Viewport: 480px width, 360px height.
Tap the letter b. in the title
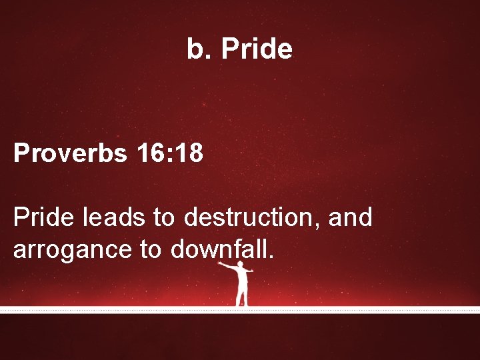(198, 49)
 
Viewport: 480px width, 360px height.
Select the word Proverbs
(70, 154)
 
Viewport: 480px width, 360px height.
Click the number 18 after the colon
(187, 153)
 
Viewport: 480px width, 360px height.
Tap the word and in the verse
(351, 217)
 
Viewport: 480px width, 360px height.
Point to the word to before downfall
(151, 250)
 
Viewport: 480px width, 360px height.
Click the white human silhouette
(242, 283)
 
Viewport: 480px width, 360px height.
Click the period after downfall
(271, 257)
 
